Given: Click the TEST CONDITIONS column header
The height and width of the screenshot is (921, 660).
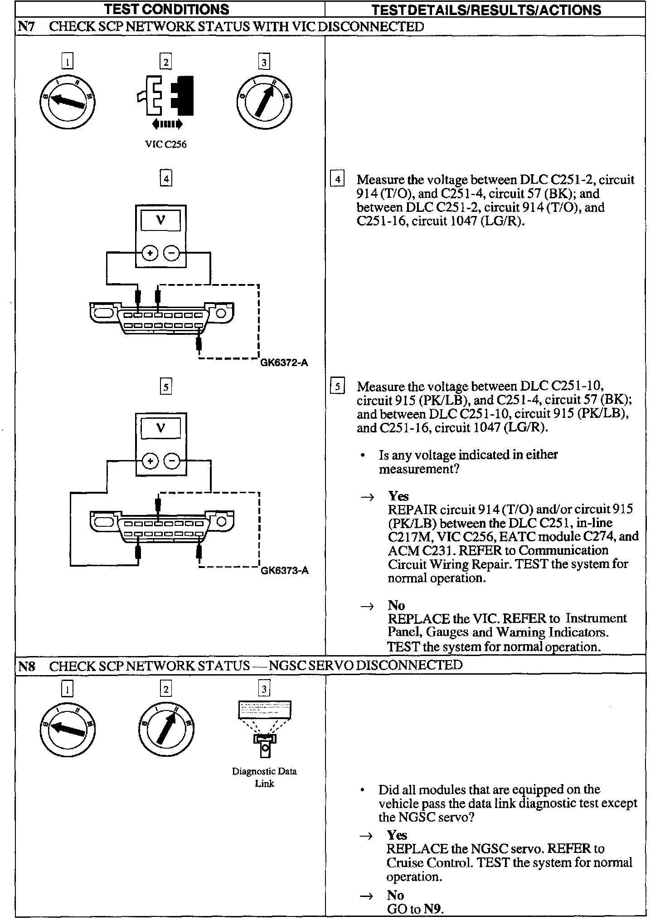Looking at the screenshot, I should coord(166,9).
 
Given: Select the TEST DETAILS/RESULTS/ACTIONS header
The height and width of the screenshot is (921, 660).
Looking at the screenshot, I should coord(486,10).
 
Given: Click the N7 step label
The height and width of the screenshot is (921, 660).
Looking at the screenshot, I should coord(25,27).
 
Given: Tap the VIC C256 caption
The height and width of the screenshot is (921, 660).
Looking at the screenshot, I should coord(165,145).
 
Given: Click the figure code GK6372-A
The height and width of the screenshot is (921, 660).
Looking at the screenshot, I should coord(284,363).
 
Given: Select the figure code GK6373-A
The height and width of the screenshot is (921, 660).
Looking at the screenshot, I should coord(284,571).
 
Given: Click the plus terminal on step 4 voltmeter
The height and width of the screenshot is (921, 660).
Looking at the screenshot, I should coord(150,253).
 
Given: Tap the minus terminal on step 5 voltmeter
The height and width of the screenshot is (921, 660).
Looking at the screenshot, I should coord(172,461).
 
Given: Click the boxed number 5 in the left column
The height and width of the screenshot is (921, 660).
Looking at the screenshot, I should coord(166,387).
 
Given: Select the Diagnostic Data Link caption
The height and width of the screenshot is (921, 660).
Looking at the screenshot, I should coord(264,777).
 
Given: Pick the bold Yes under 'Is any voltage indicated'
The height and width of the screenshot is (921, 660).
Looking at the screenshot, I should coord(398,496).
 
